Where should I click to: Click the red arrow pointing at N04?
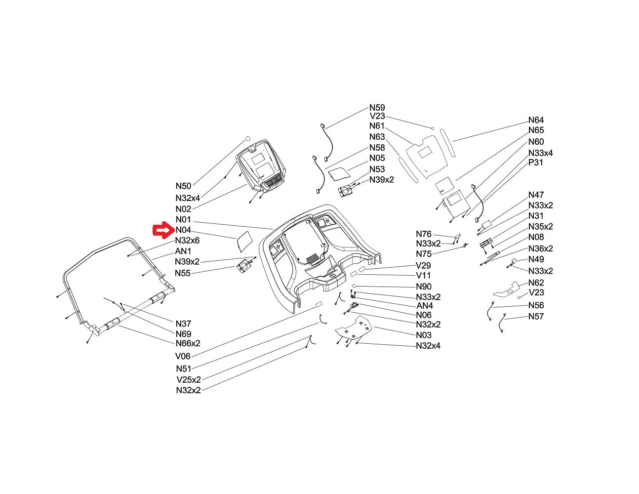[163, 230]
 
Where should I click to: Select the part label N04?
[183, 230]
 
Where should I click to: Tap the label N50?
[183, 186]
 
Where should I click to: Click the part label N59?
[377, 108]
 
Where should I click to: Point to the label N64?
[536, 120]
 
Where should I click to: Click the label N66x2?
[188, 343]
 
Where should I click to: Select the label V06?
[183, 356]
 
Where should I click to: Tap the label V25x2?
[189, 380]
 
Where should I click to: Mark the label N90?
[424, 287]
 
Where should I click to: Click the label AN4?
[425, 306]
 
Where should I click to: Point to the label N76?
[423, 234]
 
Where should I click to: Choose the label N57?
[536, 316]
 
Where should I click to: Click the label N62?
[536, 283]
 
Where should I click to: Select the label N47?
[536, 195]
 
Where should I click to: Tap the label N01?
[183, 219]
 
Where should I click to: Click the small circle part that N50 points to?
[248, 139]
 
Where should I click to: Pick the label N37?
[183, 324]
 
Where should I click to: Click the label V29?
[423, 266]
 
